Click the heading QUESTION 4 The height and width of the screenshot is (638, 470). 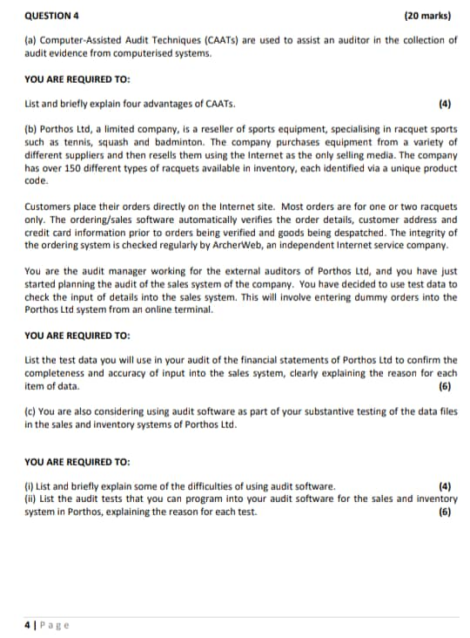(x=54, y=15)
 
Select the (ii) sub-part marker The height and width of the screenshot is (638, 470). (x=30, y=499)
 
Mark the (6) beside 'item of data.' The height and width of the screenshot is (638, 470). (x=446, y=385)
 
